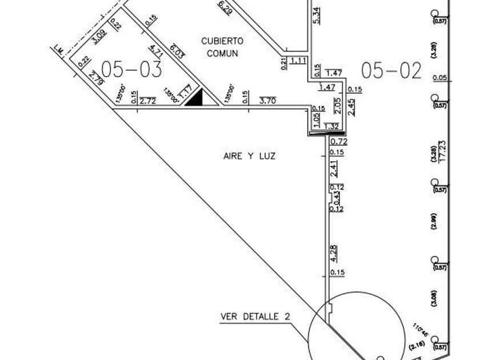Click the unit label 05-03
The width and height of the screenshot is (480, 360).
(x=132, y=69)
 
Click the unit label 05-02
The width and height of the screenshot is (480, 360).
(x=391, y=70)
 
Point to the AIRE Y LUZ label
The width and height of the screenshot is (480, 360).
(x=249, y=155)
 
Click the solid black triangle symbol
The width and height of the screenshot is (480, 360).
(x=194, y=98)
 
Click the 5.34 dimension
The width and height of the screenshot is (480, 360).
(x=317, y=15)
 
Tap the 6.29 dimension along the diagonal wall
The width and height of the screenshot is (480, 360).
(x=225, y=7)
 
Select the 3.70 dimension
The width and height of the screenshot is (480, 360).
(x=267, y=101)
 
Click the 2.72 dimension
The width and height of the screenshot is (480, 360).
(x=147, y=101)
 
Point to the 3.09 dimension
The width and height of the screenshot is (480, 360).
(x=99, y=38)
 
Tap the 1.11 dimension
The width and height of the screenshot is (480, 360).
(x=299, y=61)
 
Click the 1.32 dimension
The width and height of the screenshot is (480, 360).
(x=332, y=126)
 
